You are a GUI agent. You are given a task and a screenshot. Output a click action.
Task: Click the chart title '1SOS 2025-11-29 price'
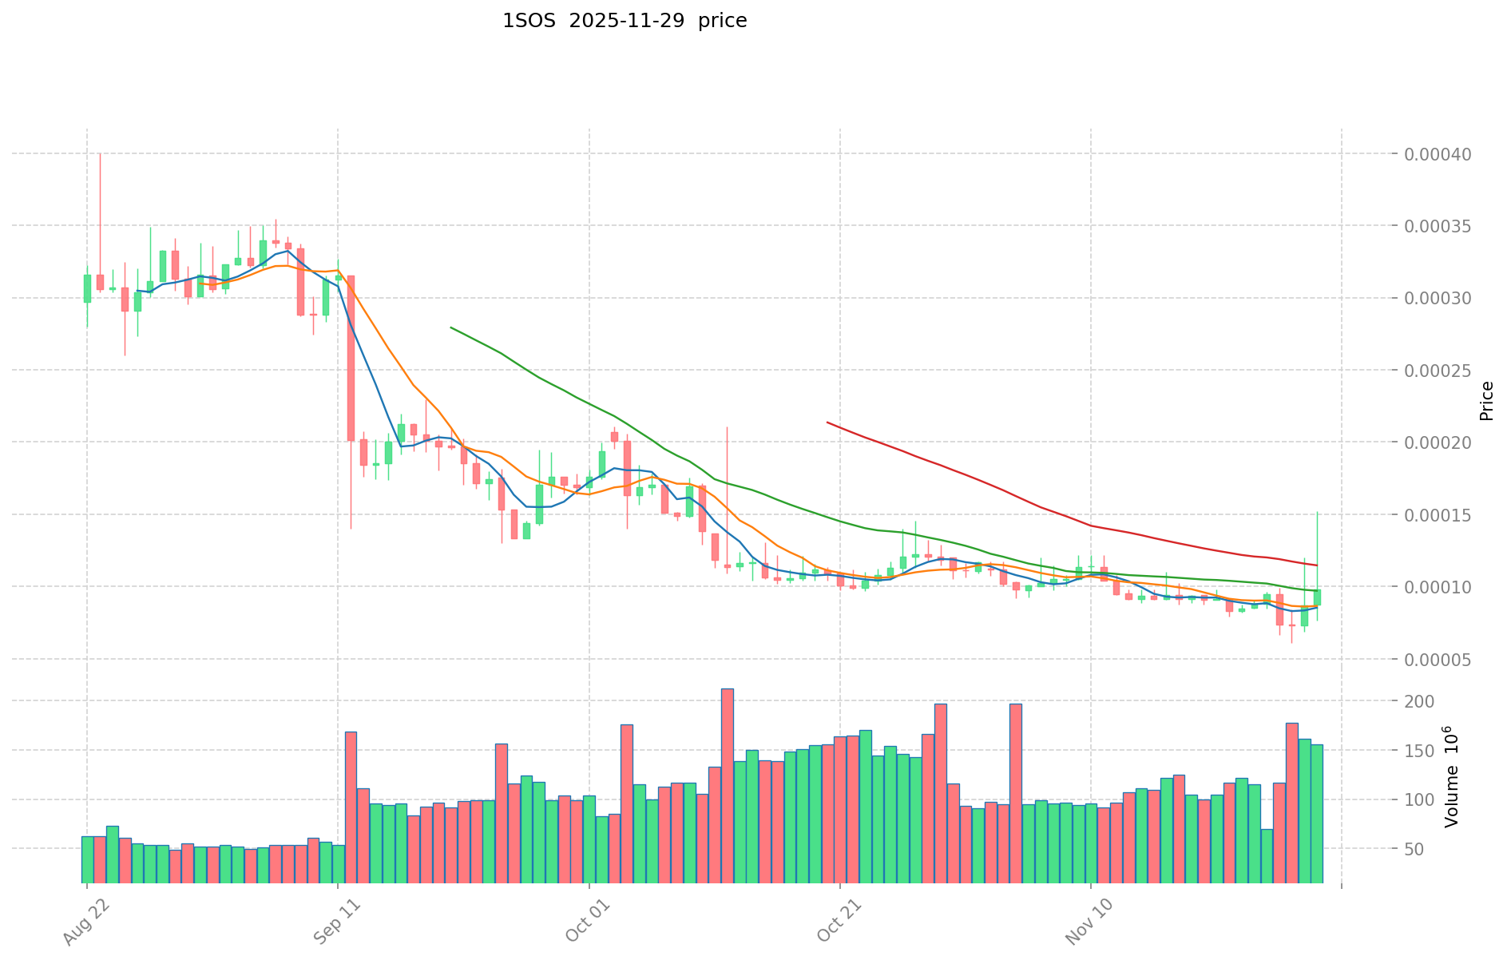625,22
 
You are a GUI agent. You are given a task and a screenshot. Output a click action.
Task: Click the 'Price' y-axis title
1486,401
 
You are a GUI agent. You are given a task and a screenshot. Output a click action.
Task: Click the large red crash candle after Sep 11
351,358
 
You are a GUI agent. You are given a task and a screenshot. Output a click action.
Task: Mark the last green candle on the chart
1317,597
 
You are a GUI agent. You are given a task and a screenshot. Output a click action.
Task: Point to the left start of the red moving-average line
827,422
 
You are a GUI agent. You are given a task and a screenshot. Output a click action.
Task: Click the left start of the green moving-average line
451,327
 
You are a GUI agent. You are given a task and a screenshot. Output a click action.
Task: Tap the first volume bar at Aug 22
87,859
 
